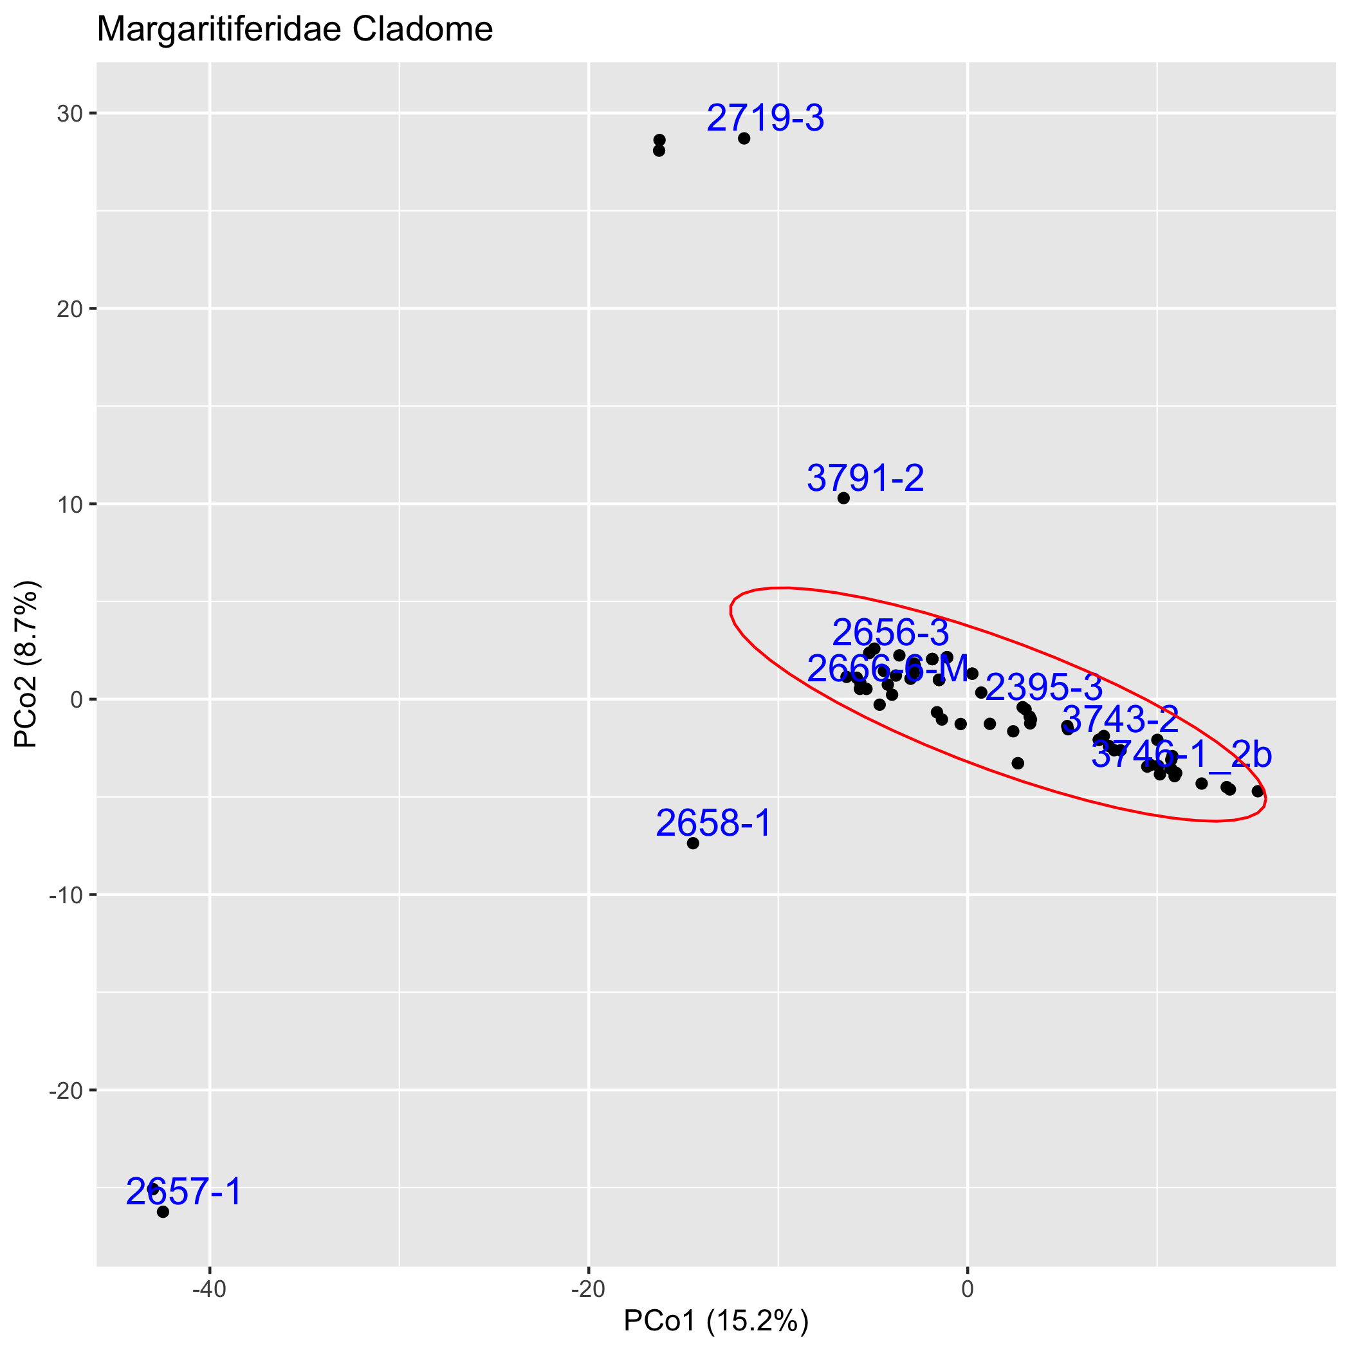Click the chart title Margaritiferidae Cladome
pyautogui.click(x=295, y=30)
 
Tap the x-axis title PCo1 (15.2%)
pyautogui.click(x=715, y=1321)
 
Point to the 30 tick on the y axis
pyautogui.click(x=66, y=113)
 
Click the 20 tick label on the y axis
pyautogui.click(x=66, y=308)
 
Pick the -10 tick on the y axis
pyautogui.click(x=63, y=895)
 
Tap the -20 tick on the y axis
pyautogui.click(x=63, y=1090)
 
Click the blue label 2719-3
pyautogui.click(x=765, y=118)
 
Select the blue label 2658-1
pyautogui.click(x=713, y=823)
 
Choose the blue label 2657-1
pyautogui.click(x=184, y=1192)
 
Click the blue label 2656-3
pyautogui.click(x=890, y=634)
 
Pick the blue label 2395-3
pyautogui.click(x=1043, y=688)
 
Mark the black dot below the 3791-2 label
pyautogui.click(x=843, y=498)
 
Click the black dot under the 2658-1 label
pyautogui.click(x=693, y=843)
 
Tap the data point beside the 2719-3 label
pyautogui.click(x=744, y=138)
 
